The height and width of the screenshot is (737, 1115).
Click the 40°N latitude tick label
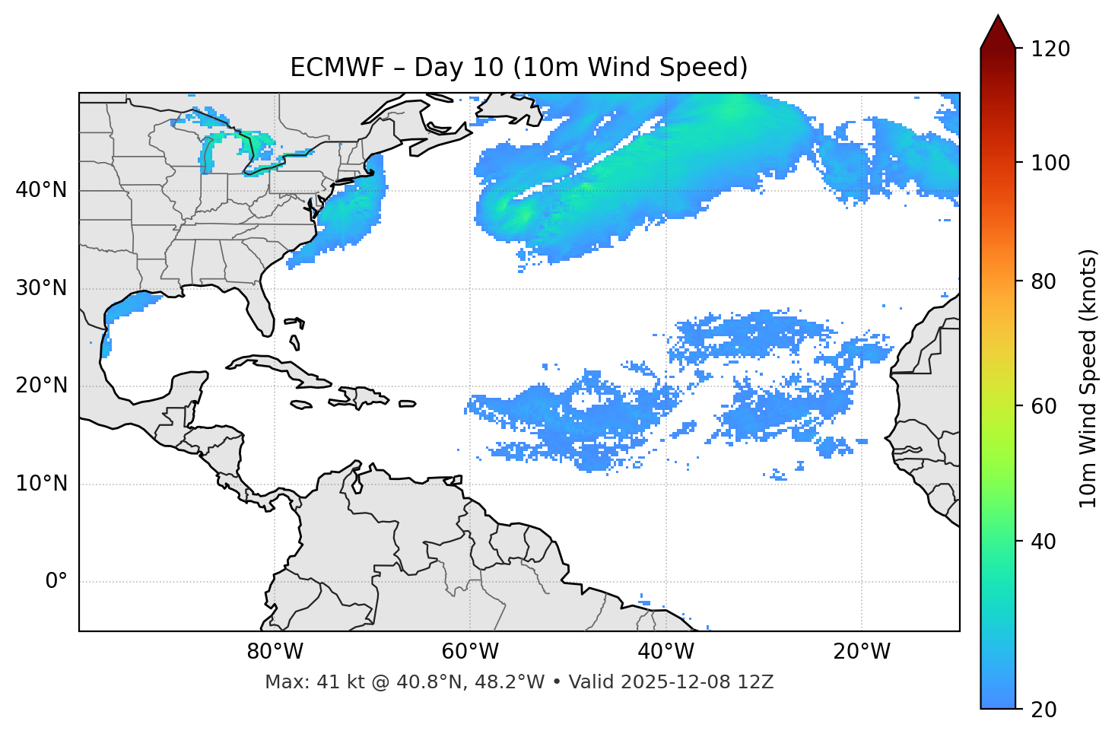coord(41,190)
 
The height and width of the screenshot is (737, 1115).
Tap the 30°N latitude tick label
coord(41,288)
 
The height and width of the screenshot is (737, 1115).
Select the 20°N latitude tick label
coord(41,386)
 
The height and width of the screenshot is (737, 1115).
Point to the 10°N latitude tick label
coord(41,484)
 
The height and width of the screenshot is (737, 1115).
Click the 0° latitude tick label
coord(56,582)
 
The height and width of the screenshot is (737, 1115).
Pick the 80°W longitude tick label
coord(275,652)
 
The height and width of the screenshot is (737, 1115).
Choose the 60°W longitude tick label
coord(470,652)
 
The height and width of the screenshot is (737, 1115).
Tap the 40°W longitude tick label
coord(666,652)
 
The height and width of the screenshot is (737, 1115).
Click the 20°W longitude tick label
coord(862,652)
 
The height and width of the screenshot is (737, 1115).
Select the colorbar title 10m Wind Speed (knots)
coord(1088,378)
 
